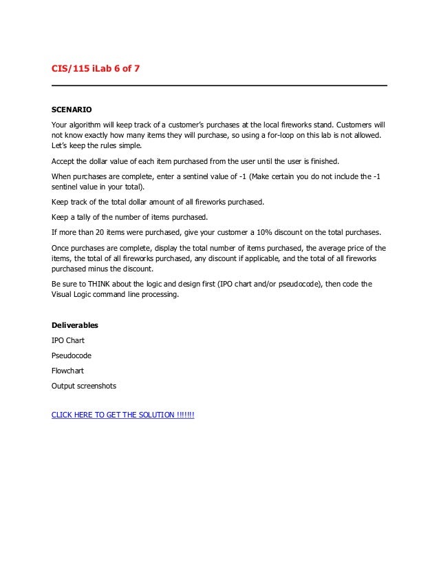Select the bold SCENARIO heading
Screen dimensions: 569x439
(x=72, y=110)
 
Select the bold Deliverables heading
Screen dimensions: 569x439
(x=76, y=325)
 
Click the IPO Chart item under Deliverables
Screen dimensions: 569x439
(x=68, y=340)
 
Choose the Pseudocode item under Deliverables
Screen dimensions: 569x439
(x=72, y=355)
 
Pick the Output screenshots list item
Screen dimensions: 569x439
(x=84, y=386)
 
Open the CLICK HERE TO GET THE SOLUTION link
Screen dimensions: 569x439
(x=123, y=415)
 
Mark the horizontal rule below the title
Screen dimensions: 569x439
(x=219, y=85)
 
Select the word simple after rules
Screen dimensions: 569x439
(x=129, y=146)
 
